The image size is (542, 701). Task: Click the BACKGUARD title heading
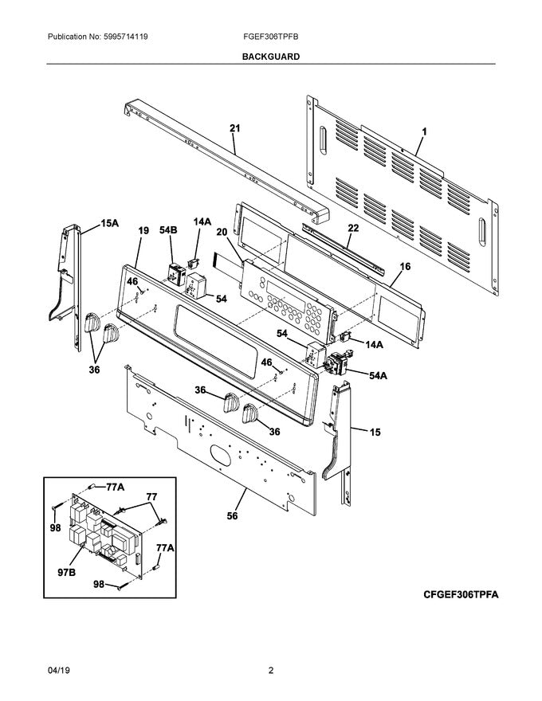[271, 57]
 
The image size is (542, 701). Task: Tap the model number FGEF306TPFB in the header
[271, 37]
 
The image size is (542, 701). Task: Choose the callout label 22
[353, 228]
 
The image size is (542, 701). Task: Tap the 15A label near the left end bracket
[109, 225]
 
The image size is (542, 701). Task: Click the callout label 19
[143, 230]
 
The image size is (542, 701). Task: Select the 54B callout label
[167, 230]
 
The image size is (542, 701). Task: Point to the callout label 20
[222, 231]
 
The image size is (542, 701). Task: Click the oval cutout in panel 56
[222, 456]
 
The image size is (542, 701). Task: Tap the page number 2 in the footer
[271, 671]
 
